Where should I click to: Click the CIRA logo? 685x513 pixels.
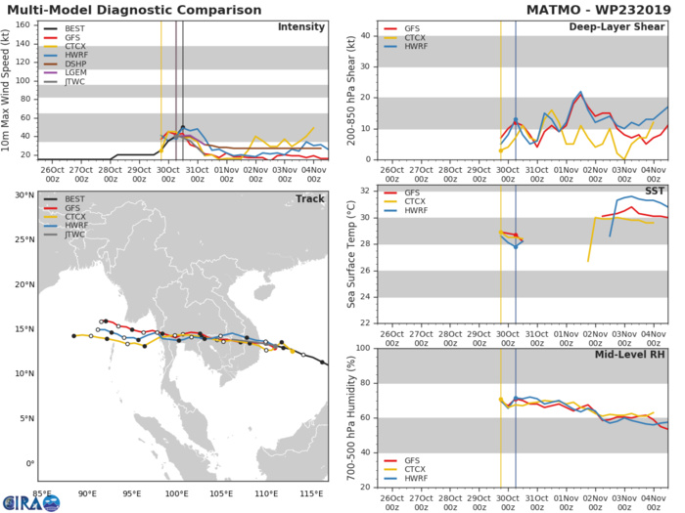[29, 500]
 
